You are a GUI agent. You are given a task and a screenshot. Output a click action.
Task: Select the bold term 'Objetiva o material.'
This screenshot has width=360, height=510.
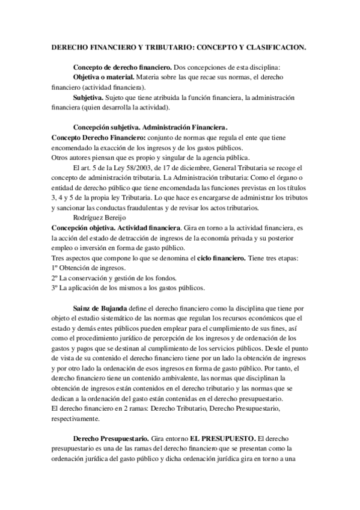point(103,78)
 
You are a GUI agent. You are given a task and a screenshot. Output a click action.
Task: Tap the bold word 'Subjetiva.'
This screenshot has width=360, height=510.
point(88,97)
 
